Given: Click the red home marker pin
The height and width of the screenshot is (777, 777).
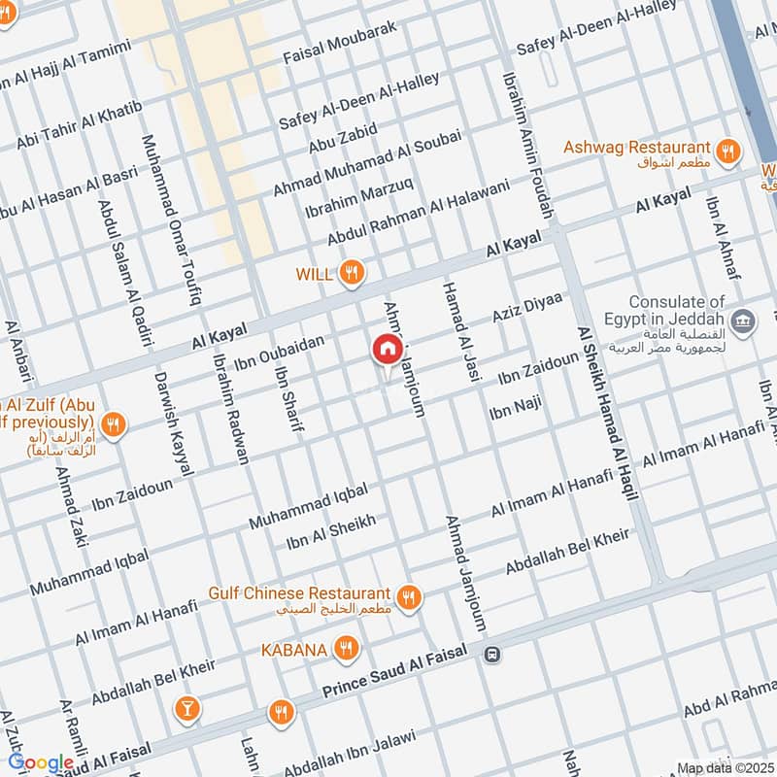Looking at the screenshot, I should coord(386,349).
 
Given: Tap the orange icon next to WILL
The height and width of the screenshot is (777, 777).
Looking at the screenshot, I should coord(353,275).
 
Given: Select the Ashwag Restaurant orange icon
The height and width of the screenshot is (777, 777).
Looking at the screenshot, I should coord(726,151).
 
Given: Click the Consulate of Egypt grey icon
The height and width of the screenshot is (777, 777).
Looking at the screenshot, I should coord(744,320).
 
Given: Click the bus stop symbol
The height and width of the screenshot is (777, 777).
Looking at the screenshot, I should coord(493,656).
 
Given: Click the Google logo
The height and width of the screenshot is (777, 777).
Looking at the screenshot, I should coord(40,763).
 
